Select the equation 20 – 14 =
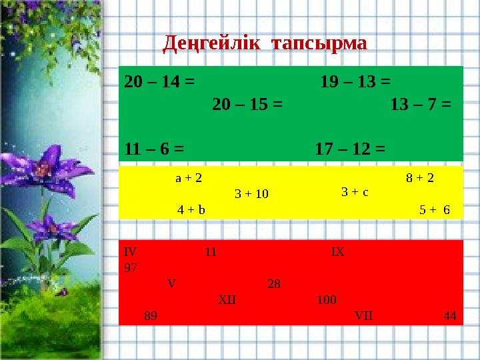click(x=159, y=82)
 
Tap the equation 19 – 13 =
click(x=355, y=82)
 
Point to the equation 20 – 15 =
click(x=247, y=105)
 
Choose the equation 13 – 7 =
click(x=421, y=105)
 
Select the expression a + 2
click(x=189, y=178)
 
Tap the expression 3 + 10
click(x=251, y=194)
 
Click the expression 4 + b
click(x=191, y=209)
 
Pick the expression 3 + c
click(x=355, y=192)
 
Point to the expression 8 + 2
click(x=420, y=178)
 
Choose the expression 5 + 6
click(x=435, y=209)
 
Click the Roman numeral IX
click(x=337, y=252)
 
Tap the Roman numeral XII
click(x=227, y=299)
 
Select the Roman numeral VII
click(x=364, y=315)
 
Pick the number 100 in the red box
click(x=327, y=299)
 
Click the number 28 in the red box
click(x=273, y=284)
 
